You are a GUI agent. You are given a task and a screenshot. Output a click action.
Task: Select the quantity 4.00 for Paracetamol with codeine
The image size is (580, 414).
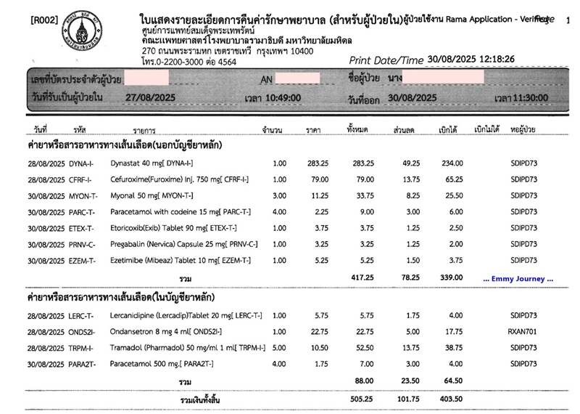[x=279, y=211]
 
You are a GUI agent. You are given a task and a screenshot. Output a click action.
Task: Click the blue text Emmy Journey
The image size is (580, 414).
[x=518, y=278]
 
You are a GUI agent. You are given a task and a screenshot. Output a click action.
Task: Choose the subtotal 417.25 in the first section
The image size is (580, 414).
[x=360, y=278]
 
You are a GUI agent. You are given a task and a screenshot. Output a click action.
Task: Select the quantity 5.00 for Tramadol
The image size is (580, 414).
[x=279, y=347]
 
